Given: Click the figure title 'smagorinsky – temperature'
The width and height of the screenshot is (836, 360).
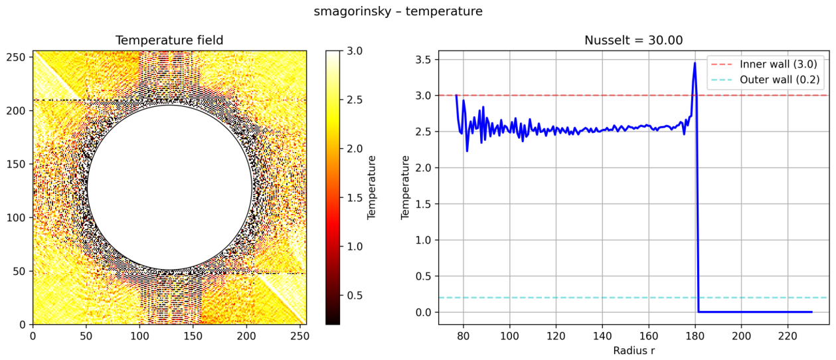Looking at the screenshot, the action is [398, 11].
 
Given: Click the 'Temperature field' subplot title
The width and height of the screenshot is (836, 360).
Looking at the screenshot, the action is [169, 41].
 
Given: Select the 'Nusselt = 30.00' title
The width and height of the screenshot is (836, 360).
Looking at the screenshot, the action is [633, 41].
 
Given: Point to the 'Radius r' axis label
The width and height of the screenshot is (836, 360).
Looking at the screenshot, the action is [633, 351].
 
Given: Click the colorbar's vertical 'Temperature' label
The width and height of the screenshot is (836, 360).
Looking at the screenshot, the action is [371, 187].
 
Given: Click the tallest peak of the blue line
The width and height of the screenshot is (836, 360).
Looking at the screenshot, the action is [695, 62].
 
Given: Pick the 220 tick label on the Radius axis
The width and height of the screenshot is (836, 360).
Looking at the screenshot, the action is [788, 335].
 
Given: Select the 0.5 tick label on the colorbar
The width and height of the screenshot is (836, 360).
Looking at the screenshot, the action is [355, 296].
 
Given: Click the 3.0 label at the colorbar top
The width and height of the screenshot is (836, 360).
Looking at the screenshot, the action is [355, 50].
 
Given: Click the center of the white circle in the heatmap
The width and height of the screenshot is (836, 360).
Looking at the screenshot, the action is [169, 187].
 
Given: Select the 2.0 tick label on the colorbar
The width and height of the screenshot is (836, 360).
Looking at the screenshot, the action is [355, 149].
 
